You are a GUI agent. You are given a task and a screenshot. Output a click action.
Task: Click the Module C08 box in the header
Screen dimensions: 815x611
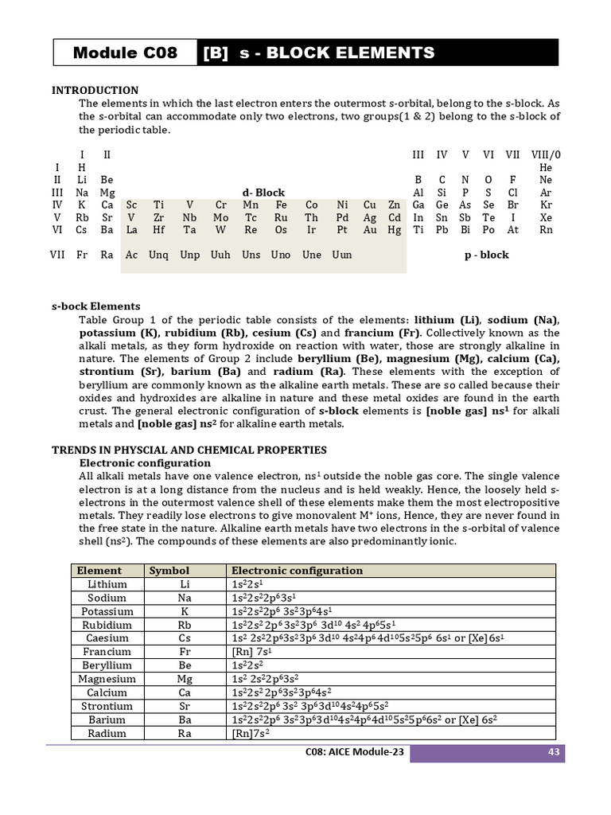[125, 53]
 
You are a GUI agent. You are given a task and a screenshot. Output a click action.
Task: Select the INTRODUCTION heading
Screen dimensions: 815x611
[95, 91]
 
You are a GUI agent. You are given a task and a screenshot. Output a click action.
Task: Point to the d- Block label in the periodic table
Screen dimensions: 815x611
[263, 193]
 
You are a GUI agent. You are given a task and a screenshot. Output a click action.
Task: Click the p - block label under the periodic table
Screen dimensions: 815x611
[486, 255]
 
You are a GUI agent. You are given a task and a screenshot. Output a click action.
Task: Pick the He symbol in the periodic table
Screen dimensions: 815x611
[545, 168]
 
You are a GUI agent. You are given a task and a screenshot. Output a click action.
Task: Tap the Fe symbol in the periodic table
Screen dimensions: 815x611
[282, 205]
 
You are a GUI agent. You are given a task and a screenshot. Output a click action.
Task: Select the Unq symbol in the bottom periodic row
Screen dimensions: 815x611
[158, 255]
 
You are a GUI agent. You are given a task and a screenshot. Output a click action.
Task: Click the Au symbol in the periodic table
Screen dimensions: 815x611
[370, 229]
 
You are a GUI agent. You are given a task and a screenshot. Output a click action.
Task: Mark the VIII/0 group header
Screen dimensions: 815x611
[545, 154]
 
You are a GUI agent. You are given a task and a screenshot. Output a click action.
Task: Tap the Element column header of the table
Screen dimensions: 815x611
[99, 571]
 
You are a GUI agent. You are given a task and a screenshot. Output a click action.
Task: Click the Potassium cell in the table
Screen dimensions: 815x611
[107, 611]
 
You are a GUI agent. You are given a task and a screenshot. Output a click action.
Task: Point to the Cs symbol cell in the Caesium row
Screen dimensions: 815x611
[185, 638]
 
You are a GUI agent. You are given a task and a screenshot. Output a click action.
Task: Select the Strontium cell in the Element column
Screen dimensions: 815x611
[107, 706]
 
